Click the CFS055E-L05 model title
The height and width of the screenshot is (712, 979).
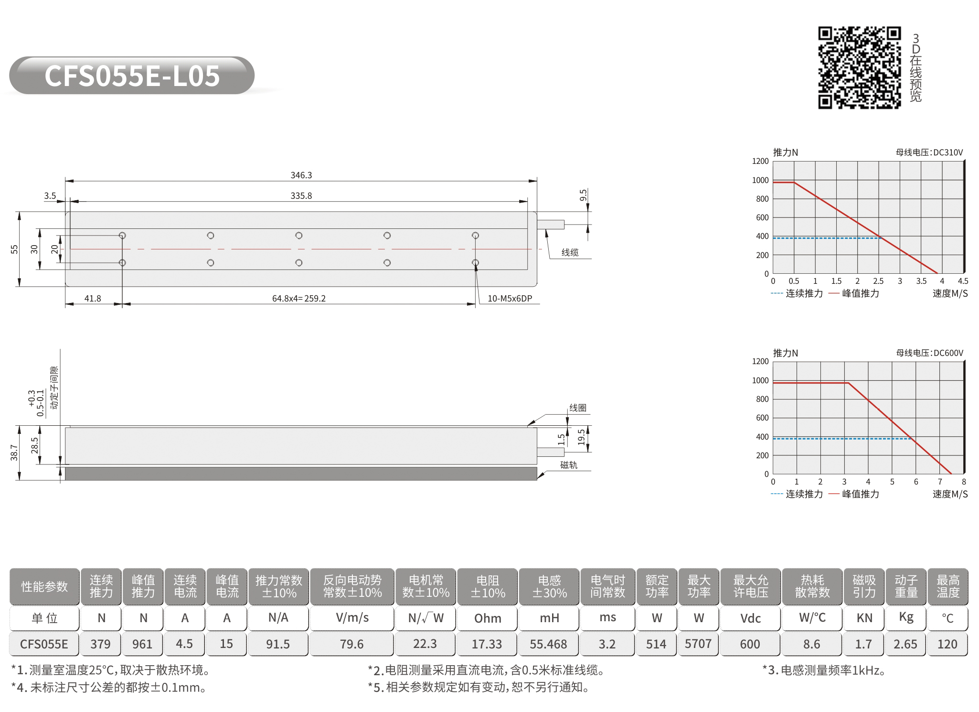(132, 76)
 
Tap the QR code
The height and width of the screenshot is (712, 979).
(860, 67)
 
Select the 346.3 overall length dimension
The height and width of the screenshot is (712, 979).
(301, 175)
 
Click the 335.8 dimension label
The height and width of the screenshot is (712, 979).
(301, 196)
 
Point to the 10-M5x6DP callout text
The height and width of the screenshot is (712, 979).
(510, 299)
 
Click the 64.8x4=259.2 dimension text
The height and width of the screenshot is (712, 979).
(299, 299)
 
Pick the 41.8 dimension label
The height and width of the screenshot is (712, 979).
(93, 299)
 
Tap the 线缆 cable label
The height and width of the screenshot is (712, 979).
(570, 252)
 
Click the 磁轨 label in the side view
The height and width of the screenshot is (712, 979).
(569, 465)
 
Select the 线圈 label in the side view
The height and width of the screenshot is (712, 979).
(578, 408)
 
